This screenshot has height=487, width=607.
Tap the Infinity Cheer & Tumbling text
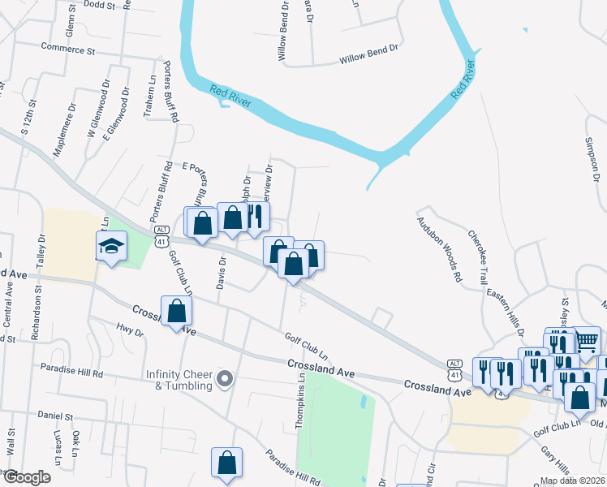tap(179, 380)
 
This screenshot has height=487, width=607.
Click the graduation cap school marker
tap(111, 245)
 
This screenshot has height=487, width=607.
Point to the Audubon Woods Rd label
tap(439, 248)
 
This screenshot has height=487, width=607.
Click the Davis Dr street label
tap(222, 273)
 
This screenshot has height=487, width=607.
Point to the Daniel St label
tap(54, 415)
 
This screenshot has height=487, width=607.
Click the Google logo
tap(26, 477)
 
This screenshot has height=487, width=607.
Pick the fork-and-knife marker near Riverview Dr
tap(256, 217)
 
